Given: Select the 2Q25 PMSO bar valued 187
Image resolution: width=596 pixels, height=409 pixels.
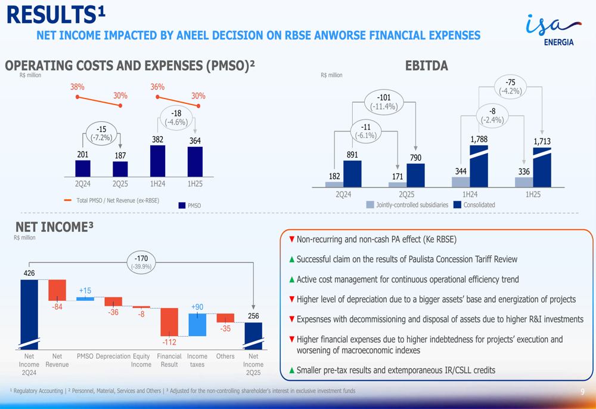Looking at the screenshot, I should (120, 169).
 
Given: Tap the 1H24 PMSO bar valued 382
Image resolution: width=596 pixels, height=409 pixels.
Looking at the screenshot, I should (157, 161).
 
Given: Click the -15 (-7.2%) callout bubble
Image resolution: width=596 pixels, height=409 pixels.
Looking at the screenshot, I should (102, 133).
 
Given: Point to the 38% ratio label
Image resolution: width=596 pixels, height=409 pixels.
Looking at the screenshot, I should (77, 87).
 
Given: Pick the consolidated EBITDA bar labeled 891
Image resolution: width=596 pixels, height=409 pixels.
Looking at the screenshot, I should (352, 174).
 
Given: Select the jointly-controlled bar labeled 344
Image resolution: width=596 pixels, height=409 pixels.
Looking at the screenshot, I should (461, 182).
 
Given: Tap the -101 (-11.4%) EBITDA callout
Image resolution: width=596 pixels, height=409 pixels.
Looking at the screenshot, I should (383, 102).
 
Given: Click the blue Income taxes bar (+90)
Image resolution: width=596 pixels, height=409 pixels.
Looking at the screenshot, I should (197, 324).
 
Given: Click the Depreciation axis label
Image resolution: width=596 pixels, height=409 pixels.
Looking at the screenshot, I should (113, 356).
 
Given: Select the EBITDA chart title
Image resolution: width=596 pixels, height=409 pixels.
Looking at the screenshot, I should (426, 66).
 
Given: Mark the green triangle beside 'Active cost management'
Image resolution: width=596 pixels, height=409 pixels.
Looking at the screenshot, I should (292, 279).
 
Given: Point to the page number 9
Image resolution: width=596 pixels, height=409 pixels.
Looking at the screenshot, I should (582, 392).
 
